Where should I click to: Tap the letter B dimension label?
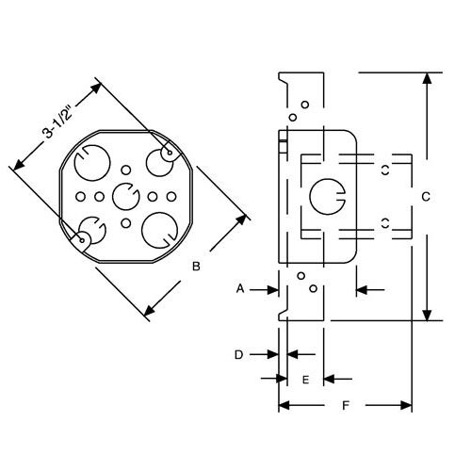[x=196, y=267]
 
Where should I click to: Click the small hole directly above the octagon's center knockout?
[x=125, y=171]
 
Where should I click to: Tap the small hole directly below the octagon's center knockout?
[x=125, y=224]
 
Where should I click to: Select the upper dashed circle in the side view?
[x=385, y=169]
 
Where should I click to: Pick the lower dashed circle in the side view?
[x=385, y=223]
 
